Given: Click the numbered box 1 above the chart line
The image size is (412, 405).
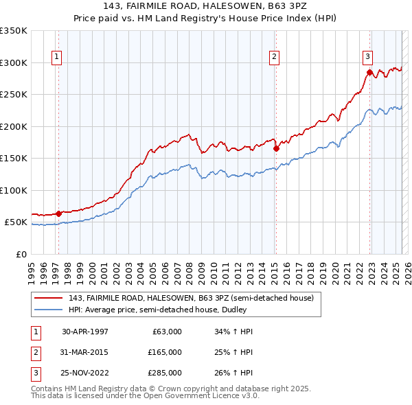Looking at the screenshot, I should [56, 57].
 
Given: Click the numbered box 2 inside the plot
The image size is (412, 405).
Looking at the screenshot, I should [274, 57].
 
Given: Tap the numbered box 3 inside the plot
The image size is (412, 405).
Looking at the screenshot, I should [368, 57].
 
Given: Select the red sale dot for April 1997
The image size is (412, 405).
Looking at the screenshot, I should [59, 213].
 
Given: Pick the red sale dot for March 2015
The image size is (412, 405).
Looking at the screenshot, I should [276, 148].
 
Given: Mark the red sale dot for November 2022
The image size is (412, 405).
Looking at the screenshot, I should [369, 72].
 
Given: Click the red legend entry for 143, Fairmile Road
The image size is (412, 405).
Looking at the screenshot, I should [191, 298].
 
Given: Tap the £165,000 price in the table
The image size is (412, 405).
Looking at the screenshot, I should [165, 352].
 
